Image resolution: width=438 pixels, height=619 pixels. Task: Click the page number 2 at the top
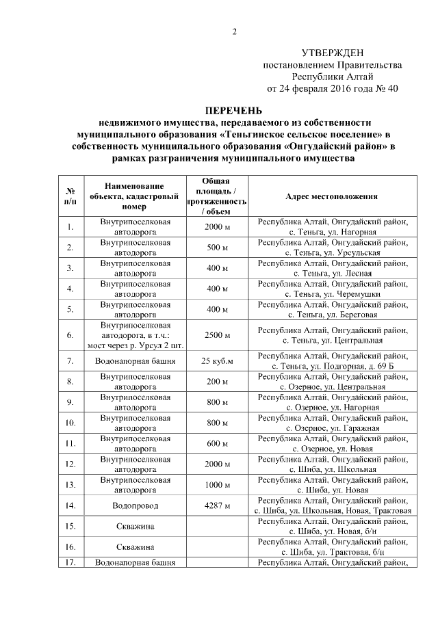[234, 31]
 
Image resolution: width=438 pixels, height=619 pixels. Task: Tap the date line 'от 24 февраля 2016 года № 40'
[333, 88]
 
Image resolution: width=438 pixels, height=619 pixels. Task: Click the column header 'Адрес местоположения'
[331, 196]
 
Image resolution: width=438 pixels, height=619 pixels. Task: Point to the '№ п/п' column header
[70, 196]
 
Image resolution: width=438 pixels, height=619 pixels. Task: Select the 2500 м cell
[217, 335]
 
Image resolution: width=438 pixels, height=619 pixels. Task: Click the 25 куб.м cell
[217, 360]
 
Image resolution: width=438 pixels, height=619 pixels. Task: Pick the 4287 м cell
[217, 505]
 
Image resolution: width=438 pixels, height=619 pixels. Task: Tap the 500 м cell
[217, 248]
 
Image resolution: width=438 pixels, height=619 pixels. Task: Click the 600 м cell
[217, 443]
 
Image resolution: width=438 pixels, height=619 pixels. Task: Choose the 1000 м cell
[217, 485]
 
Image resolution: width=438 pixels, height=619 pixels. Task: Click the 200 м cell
[217, 381]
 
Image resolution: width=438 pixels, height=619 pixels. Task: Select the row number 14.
[70, 505]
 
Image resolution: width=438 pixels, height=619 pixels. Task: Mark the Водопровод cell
[134, 505]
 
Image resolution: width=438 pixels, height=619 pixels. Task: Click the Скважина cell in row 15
[134, 526]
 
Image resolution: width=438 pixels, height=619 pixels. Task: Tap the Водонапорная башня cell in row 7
[134, 360]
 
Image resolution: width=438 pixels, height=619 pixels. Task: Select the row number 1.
[70, 227]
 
